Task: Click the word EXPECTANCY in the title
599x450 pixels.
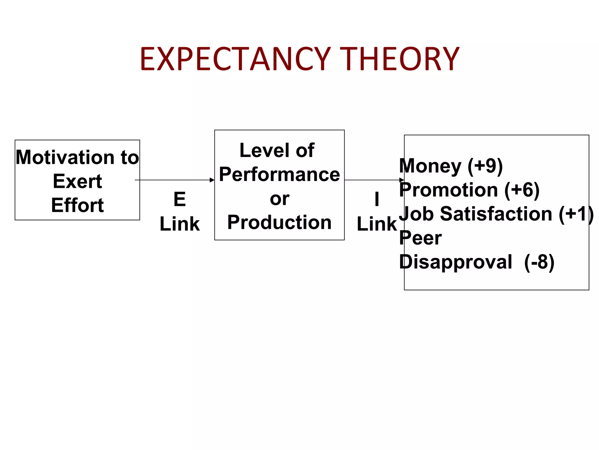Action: point(235,59)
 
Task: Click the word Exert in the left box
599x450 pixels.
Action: point(78,181)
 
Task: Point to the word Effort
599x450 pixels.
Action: point(78,205)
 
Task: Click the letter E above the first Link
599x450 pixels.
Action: point(180,200)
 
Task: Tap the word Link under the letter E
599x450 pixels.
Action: point(180,224)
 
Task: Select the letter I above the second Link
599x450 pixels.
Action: point(377,200)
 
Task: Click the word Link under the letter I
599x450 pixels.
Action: point(377,224)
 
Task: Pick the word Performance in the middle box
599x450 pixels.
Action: point(279,175)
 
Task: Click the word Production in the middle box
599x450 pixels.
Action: point(279,222)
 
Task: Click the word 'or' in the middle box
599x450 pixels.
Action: point(279,199)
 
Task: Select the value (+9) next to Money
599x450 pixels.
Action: point(485,166)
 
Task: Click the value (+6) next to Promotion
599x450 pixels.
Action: point(522,190)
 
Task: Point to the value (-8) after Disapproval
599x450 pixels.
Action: point(539,262)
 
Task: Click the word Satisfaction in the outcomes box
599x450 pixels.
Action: point(496,214)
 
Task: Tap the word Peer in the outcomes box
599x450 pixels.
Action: point(420,238)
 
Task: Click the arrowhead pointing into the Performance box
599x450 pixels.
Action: point(212,180)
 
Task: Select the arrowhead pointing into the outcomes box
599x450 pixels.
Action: point(402,180)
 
